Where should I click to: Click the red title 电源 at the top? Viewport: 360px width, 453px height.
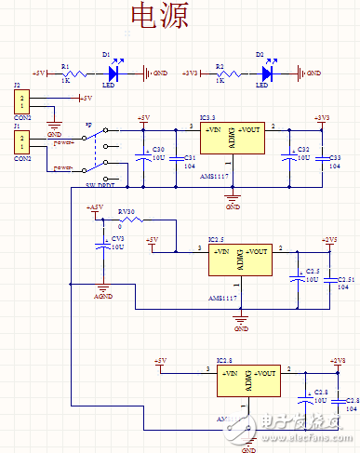click(159, 18)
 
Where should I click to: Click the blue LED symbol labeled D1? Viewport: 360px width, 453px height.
click(116, 72)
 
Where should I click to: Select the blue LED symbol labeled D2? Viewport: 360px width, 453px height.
click(270, 72)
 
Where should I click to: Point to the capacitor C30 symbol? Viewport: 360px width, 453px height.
click(143, 157)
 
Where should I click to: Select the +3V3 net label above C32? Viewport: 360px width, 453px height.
click(321, 118)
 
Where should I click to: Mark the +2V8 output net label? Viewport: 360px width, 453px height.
click(336, 360)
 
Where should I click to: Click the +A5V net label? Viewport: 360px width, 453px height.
click(95, 207)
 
